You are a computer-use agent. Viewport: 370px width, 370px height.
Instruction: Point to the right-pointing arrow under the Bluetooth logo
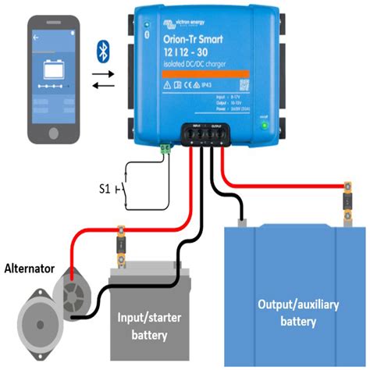click(104, 73)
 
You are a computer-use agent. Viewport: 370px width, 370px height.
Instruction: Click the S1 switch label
click(111, 188)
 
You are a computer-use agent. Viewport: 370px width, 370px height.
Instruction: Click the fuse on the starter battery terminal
click(122, 240)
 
